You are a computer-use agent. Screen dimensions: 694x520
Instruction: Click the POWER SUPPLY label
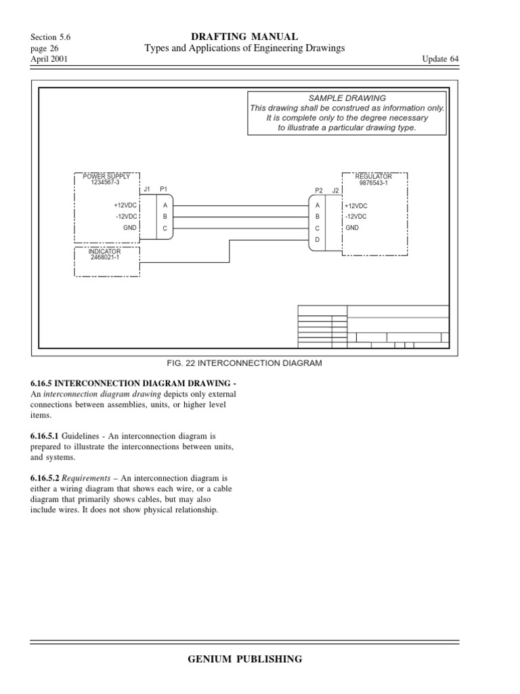point(106,176)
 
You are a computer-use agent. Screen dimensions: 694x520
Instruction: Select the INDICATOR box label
point(105,251)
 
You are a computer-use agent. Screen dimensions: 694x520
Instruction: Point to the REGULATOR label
point(374,176)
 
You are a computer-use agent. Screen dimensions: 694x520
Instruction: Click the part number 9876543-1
point(374,182)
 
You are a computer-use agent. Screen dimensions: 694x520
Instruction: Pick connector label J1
point(147,189)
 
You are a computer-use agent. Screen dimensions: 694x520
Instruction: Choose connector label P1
point(163,189)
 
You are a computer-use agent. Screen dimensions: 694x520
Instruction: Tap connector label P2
point(319,191)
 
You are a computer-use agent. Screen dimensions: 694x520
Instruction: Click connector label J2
point(334,191)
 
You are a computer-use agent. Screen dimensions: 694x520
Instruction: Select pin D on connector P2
point(317,241)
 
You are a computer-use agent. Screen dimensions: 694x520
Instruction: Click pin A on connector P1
point(165,205)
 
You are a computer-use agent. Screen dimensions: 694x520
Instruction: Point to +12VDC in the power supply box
point(125,205)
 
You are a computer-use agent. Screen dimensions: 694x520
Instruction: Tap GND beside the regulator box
point(352,228)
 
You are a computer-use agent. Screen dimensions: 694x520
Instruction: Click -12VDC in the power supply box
point(126,216)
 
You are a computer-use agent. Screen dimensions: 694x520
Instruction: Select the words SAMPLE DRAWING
point(347,98)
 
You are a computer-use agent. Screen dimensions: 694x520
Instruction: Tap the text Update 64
point(440,59)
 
